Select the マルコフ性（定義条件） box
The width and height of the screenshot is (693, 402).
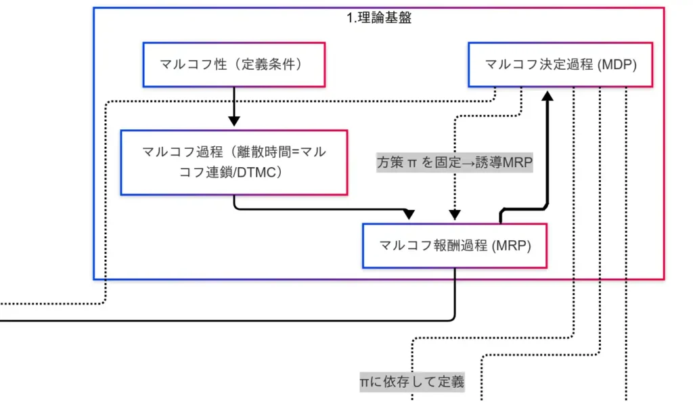(233, 65)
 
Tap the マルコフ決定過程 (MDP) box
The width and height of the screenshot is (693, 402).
(560, 65)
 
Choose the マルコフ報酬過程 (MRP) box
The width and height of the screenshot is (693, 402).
(455, 246)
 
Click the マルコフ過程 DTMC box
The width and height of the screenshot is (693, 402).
(233, 162)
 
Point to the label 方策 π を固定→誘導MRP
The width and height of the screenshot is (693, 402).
(455, 163)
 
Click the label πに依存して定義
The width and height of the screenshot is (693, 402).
(412, 382)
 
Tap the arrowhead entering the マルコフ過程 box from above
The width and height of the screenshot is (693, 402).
(233, 122)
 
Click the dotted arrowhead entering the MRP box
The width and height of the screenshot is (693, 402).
(455, 215)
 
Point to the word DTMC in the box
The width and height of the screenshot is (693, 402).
(254, 173)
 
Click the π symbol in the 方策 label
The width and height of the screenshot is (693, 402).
(412, 163)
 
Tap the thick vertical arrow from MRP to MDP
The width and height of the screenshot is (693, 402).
(547, 156)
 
